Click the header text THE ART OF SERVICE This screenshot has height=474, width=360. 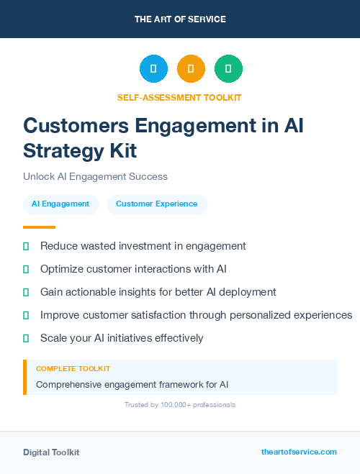click(180, 19)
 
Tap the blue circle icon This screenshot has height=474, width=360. click(153, 69)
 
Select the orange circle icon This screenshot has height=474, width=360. click(191, 69)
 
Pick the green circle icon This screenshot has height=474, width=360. click(228, 69)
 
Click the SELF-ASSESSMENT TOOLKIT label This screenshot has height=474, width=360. click(179, 97)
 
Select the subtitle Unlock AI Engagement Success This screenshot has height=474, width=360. click(95, 176)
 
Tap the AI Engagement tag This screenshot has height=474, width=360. click(60, 204)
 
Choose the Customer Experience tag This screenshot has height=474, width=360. click(156, 204)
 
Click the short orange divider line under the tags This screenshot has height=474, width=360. click(39, 227)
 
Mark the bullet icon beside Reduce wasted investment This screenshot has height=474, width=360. click(26, 246)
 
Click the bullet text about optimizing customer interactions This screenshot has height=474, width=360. click(133, 269)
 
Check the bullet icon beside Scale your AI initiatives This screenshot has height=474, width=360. click(26, 338)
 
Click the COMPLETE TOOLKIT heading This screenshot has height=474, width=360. click(73, 368)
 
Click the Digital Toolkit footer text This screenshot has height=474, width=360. click(51, 452)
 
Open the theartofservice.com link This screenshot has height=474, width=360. click(299, 452)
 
